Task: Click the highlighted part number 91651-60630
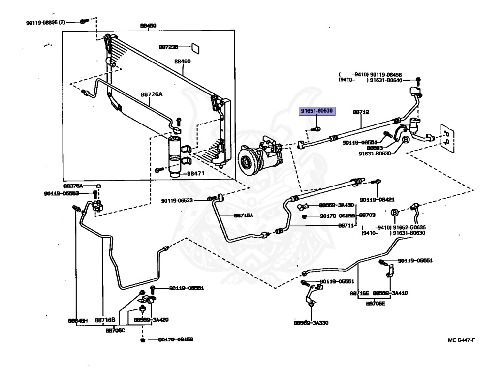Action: click(x=317, y=111)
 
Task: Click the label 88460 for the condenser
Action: click(x=182, y=62)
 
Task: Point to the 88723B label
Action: click(x=168, y=47)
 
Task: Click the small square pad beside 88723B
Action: click(x=195, y=47)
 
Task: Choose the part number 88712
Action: click(x=361, y=112)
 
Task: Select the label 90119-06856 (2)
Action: click(x=46, y=22)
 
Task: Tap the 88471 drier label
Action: click(x=196, y=173)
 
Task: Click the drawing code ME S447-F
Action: click(x=461, y=340)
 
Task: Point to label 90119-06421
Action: click(x=377, y=200)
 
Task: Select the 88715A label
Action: click(x=243, y=215)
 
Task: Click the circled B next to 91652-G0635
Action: click(x=394, y=213)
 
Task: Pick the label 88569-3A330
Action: click(x=311, y=323)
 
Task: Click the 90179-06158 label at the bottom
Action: click(x=175, y=340)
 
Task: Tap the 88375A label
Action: click(x=73, y=186)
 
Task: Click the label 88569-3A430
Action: click(x=336, y=205)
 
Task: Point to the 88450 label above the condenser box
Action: click(x=148, y=26)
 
